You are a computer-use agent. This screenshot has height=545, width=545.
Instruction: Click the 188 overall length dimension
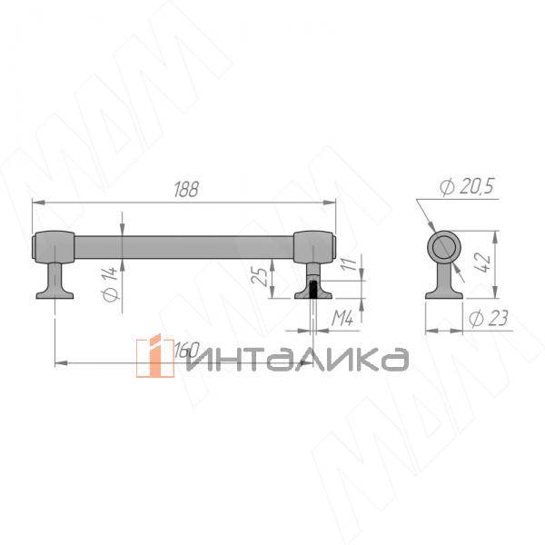click(184, 190)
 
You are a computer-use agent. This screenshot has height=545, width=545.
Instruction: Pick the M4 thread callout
click(342, 318)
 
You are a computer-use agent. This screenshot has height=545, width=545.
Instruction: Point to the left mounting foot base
click(54, 292)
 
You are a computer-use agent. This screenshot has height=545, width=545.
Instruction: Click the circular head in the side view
click(446, 247)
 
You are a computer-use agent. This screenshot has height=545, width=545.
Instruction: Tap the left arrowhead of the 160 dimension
click(59, 363)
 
